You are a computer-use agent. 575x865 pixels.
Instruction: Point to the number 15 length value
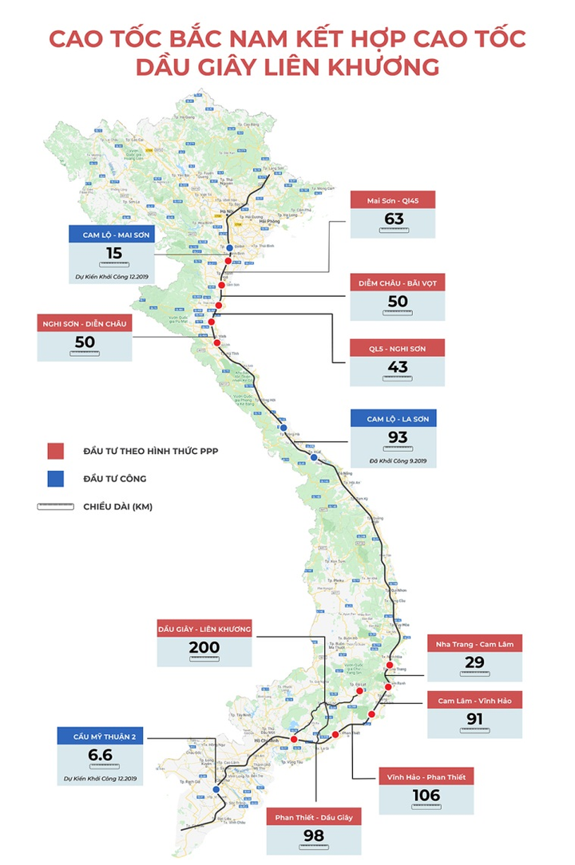(x=113, y=254)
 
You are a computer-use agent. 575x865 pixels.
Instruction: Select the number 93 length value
(x=397, y=437)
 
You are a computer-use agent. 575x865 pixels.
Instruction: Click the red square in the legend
(x=54, y=452)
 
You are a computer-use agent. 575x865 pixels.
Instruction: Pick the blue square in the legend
(x=54, y=479)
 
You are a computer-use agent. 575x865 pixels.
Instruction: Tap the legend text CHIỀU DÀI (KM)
(x=117, y=507)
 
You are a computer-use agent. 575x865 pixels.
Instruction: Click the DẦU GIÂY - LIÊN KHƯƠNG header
(x=204, y=630)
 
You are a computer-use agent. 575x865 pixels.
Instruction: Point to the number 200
(x=204, y=648)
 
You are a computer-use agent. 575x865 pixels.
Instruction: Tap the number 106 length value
(x=426, y=795)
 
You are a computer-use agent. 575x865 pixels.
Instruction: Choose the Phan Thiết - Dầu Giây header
(x=314, y=816)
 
